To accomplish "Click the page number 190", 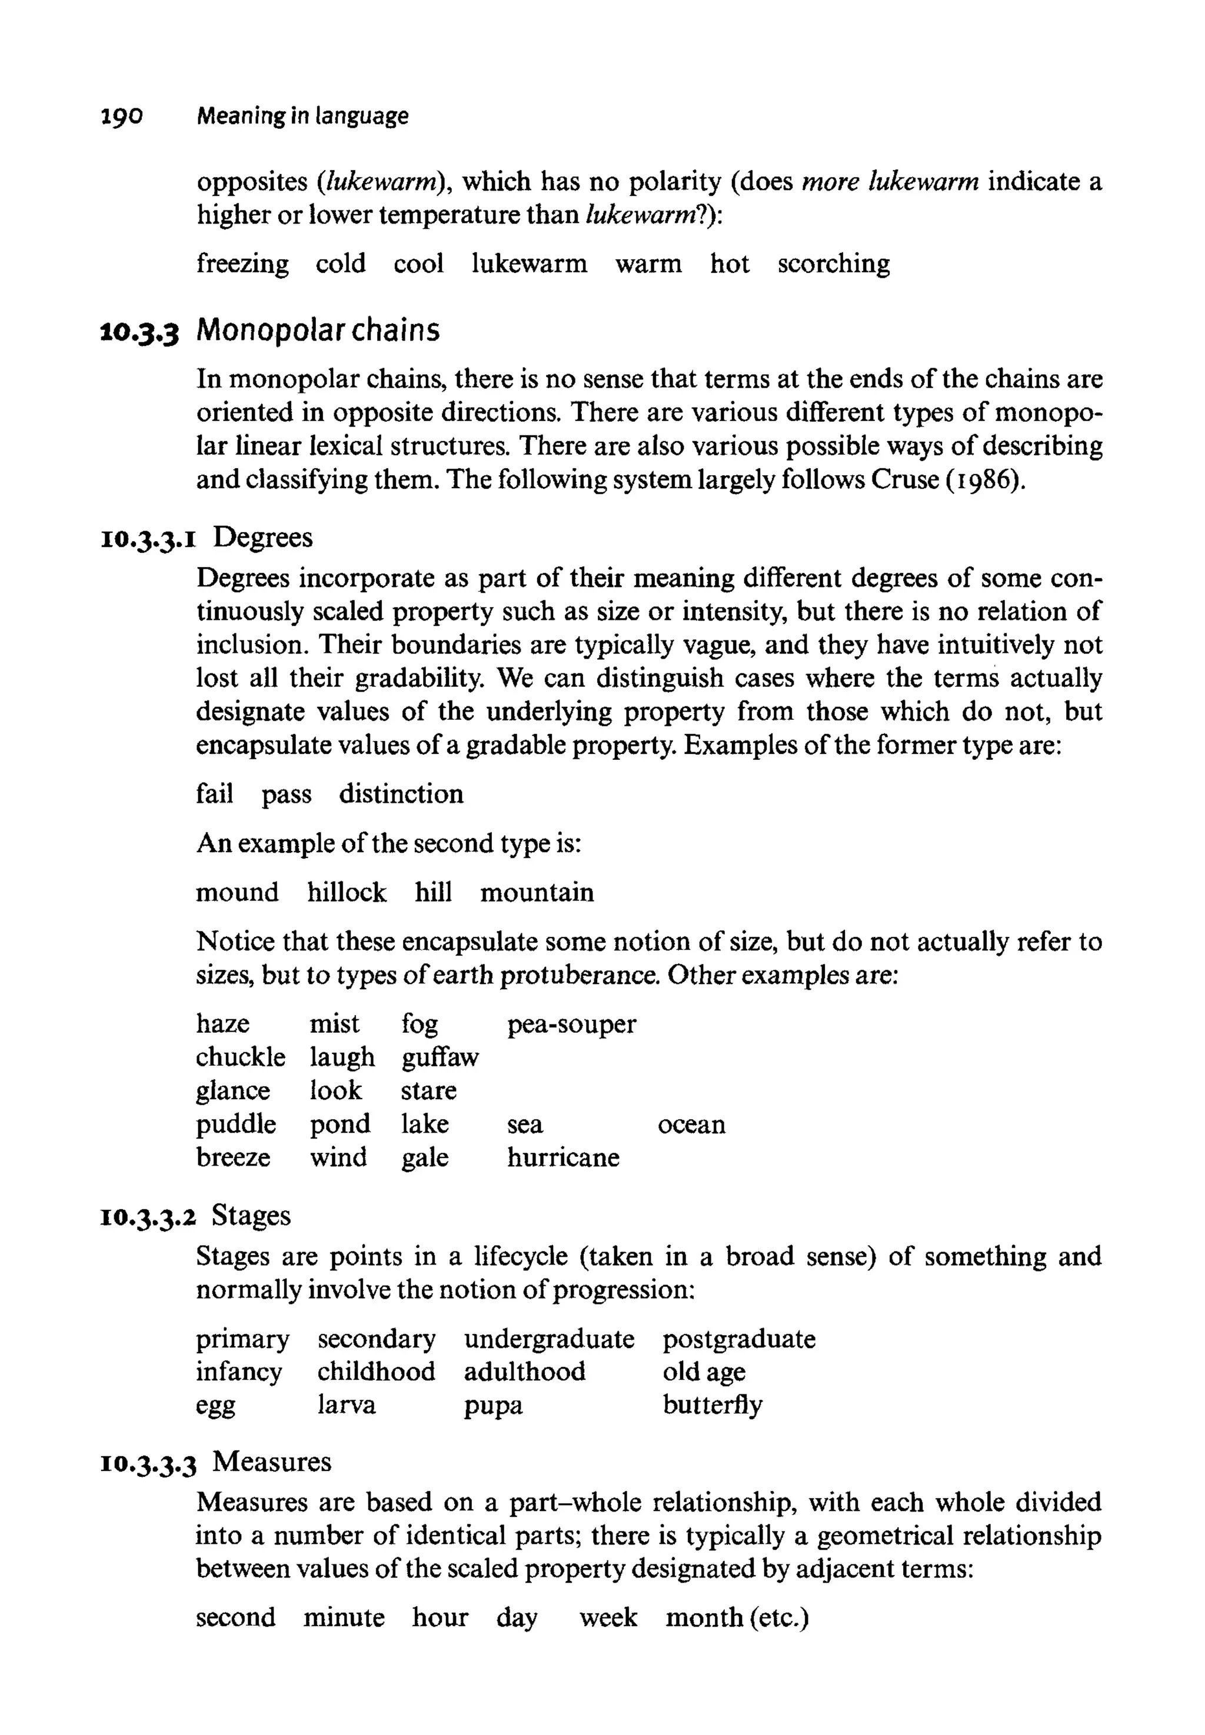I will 121,116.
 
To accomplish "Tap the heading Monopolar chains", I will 318,331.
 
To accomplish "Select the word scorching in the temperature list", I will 834,263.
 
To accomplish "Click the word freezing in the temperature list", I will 242,264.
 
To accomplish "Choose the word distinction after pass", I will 401,794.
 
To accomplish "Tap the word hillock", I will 347,893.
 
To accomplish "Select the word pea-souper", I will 571,1024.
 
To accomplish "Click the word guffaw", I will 440,1058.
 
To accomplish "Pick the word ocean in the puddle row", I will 691,1125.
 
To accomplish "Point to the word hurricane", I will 562,1157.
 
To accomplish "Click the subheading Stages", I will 251,1216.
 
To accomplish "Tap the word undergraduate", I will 549,1340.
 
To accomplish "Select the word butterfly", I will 712,1405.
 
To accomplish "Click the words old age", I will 704,1372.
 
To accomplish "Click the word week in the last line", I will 608,1617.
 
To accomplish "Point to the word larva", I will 347,1405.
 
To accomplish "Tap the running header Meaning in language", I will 302,116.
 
